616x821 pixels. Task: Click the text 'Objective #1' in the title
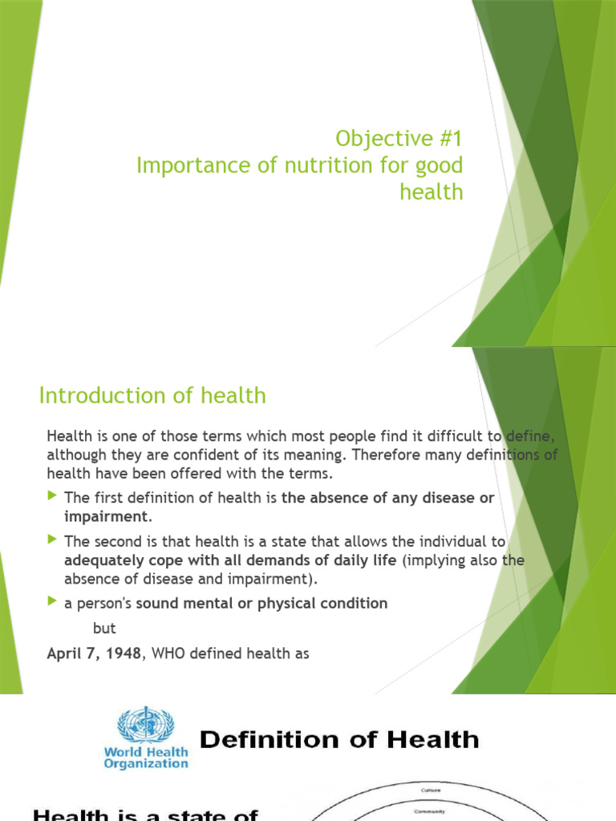[399, 139]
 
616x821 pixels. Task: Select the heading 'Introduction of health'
[152, 395]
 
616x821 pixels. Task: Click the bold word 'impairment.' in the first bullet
[107, 516]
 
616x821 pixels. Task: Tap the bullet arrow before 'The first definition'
[53, 497]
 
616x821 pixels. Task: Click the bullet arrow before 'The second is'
[53, 540]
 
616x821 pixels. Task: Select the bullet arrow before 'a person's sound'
[53, 601]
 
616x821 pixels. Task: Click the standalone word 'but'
[104, 629]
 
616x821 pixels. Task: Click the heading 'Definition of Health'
[339, 739]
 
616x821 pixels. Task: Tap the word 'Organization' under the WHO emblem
[146, 764]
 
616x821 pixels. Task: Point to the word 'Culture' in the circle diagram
[431, 791]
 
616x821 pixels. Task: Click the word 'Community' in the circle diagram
[431, 811]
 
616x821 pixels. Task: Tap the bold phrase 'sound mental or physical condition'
[261, 603]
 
